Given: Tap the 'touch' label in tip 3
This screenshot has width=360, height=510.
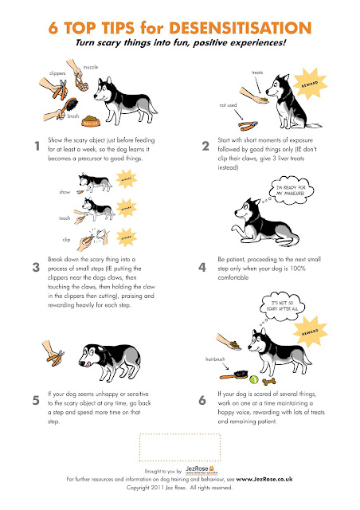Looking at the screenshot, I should pos(65,217).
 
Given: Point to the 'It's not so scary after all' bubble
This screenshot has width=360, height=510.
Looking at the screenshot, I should pos(284,306).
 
